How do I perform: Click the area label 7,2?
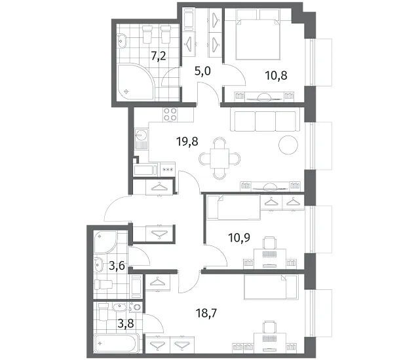[x=159, y=56]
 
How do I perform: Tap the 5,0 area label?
[x=202, y=71]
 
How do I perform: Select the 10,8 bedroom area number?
[x=276, y=76]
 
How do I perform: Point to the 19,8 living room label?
[x=187, y=141]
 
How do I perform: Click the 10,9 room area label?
[x=239, y=237]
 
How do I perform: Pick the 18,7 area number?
[x=206, y=314]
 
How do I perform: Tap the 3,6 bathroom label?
[x=117, y=266]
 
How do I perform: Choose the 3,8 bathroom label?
[x=126, y=324]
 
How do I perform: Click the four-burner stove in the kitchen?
[x=170, y=115]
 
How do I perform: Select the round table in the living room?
[x=288, y=145]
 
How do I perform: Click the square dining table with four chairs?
[x=219, y=158]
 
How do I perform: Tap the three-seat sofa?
[x=265, y=121]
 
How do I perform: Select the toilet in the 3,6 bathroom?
[x=104, y=285]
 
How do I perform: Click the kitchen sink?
[x=142, y=139]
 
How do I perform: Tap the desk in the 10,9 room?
[x=270, y=259]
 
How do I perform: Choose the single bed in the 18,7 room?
[x=271, y=287]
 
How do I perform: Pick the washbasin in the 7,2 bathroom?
[x=122, y=41]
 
